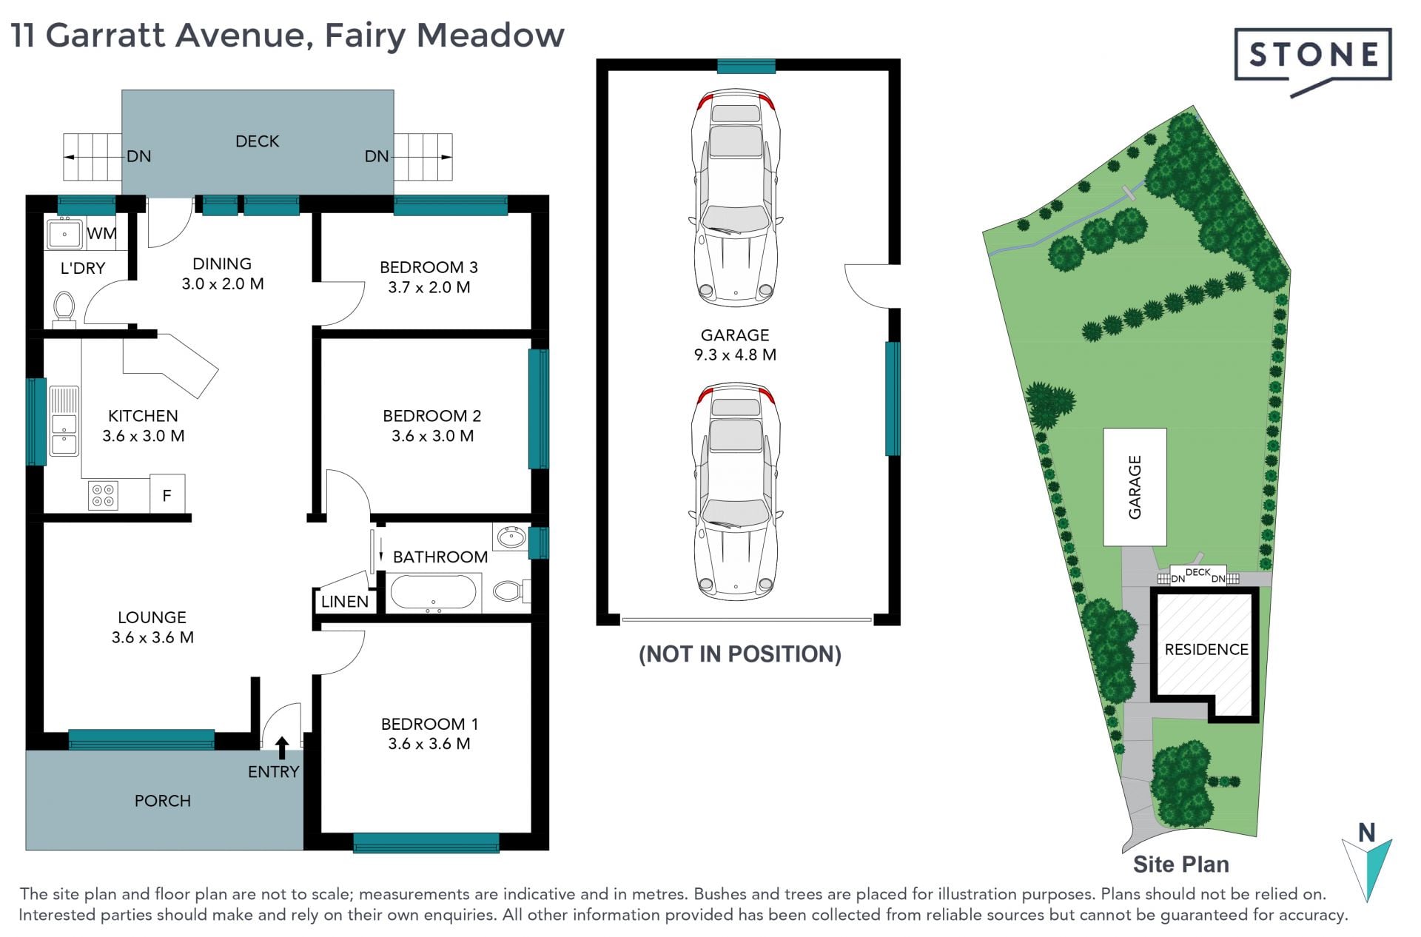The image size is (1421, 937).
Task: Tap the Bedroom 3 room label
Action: pyautogui.click(x=429, y=267)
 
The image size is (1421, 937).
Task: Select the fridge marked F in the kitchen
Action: pyautogui.click(x=167, y=493)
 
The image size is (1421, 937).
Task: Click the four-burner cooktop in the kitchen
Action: pyautogui.click(x=103, y=495)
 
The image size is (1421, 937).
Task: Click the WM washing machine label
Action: pyautogui.click(x=101, y=233)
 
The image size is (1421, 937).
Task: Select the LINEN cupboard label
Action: pyautogui.click(x=345, y=602)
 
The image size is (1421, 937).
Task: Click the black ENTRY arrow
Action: pyautogui.click(x=282, y=748)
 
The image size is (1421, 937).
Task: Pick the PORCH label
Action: pyautogui.click(x=163, y=801)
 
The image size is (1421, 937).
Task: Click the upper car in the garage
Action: pyautogui.click(x=736, y=198)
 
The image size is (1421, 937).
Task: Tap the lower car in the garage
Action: pyautogui.click(x=736, y=491)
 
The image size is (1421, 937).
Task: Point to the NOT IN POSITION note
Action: pyautogui.click(x=740, y=654)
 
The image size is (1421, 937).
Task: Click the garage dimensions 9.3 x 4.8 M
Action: pyautogui.click(x=735, y=355)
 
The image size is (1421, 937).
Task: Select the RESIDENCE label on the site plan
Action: pyautogui.click(x=1206, y=650)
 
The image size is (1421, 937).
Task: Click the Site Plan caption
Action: pyautogui.click(x=1181, y=864)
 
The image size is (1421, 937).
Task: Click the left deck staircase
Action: pyautogui.click(x=92, y=157)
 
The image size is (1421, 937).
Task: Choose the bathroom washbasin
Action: pyautogui.click(x=511, y=537)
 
